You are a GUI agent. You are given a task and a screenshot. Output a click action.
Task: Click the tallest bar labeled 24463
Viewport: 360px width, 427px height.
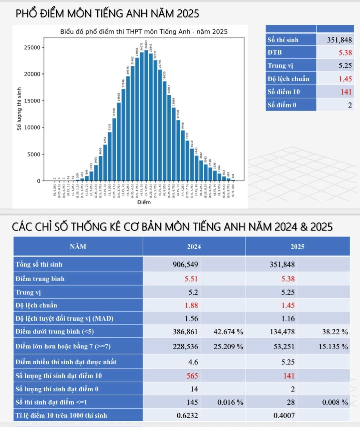click(x=146, y=115)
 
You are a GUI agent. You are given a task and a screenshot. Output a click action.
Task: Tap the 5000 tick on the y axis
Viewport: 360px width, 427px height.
click(x=33, y=154)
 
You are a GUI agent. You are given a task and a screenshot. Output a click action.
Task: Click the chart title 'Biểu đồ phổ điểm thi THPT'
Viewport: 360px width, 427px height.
click(x=144, y=32)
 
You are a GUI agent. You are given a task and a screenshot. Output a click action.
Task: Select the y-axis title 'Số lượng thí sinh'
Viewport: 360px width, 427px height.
click(x=19, y=109)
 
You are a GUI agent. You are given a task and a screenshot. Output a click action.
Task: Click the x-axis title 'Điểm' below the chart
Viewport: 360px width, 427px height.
click(x=144, y=202)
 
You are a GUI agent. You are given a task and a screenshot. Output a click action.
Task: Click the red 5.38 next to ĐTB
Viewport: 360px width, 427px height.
click(x=345, y=53)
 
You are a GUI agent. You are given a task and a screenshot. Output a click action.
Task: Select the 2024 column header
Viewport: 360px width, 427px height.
click(x=194, y=247)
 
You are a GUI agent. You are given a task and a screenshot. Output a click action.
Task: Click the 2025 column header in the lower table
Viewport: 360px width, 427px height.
click(x=297, y=247)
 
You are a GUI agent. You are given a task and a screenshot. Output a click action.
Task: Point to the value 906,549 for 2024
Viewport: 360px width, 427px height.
click(x=185, y=265)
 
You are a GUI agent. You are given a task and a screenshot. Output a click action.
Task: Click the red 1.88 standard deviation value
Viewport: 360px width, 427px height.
click(x=191, y=305)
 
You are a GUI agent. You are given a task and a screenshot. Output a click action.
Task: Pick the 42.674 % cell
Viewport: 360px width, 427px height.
click(x=228, y=332)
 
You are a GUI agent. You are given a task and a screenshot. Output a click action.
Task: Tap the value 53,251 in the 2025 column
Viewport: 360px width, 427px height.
click(x=284, y=347)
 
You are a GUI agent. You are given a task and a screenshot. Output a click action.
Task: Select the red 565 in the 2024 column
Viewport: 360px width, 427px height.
click(x=192, y=376)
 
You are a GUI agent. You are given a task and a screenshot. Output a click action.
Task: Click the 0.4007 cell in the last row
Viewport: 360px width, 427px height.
click(x=284, y=416)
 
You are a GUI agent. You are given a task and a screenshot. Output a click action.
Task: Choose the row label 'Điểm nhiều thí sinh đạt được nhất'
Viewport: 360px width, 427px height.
click(x=66, y=362)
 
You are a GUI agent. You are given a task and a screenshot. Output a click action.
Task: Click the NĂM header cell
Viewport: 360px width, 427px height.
click(x=78, y=247)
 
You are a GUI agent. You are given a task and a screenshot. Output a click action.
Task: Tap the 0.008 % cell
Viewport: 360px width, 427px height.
click(x=335, y=402)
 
